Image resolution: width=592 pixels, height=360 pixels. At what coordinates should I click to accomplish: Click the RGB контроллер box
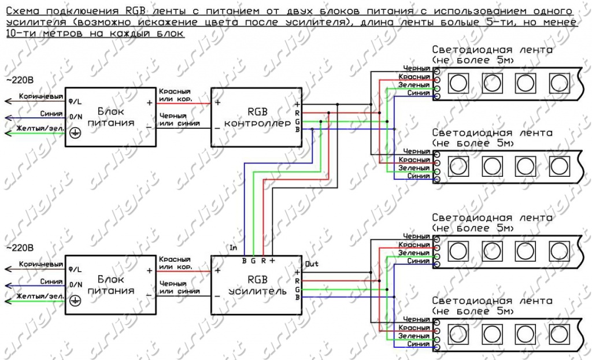pos(256,116)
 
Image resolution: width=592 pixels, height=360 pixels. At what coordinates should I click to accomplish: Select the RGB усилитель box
pos(256,284)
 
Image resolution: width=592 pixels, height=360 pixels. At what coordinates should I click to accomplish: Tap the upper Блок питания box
pos(110,116)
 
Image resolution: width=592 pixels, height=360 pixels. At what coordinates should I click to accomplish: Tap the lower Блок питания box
pos(110,285)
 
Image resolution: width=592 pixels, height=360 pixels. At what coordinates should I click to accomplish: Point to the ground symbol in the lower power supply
pos(75,301)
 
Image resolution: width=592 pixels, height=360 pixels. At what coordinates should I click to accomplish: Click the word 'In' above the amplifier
pos(234,247)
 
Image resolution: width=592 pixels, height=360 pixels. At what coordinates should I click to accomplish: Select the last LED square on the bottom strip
pos(558,333)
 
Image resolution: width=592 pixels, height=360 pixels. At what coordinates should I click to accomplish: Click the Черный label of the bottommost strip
pos(416,320)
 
